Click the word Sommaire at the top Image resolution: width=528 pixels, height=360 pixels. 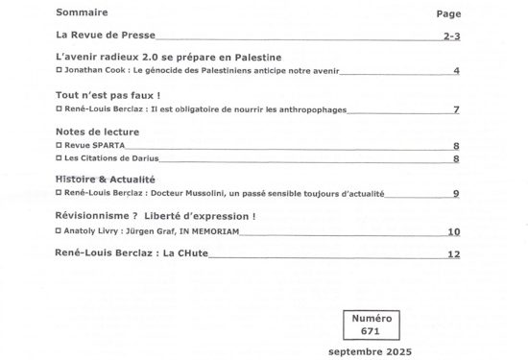click(x=82, y=13)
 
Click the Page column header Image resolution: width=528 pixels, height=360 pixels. click(x=448, y=14)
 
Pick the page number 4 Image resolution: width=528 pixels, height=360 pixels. click(x=457, y=71)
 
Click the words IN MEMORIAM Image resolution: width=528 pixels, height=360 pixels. click(x=211, y=230)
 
